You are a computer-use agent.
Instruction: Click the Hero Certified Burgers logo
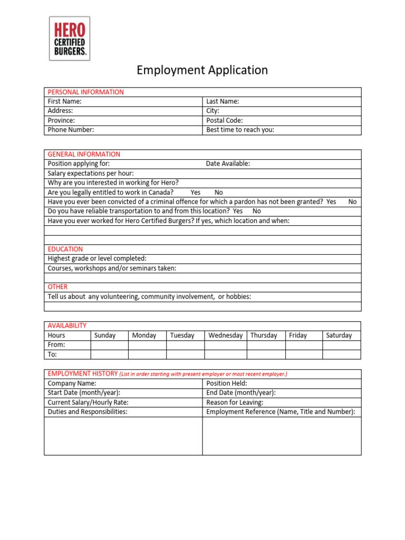click(70, 38)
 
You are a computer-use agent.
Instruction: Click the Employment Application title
click(202, 70)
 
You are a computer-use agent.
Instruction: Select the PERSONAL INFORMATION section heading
click(86, 92)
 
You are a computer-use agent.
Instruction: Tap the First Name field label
click(64, 101)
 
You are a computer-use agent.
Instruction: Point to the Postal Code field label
click(225, 120)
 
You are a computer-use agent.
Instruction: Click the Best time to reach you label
click(240, 130)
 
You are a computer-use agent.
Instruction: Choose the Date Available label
click(228, 163)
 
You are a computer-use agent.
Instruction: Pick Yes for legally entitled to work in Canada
click(196, 192)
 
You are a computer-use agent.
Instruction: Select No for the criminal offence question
click(352, 201)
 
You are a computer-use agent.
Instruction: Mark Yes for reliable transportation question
click(238, 211)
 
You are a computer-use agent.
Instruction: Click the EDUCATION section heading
click(65, 249)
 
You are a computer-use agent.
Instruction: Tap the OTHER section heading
click(57, 287)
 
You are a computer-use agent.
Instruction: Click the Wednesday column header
click(225, 335)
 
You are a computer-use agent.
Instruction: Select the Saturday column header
click(339, 335)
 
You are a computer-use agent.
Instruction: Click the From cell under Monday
click(147, 345)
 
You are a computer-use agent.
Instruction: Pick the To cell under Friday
click(303, 354)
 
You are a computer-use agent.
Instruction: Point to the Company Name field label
click(72, 383)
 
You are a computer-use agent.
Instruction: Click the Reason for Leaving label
click(235, 402)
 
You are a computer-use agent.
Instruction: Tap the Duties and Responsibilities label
click(88, 412)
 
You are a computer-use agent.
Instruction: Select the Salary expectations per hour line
click(91, 173)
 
